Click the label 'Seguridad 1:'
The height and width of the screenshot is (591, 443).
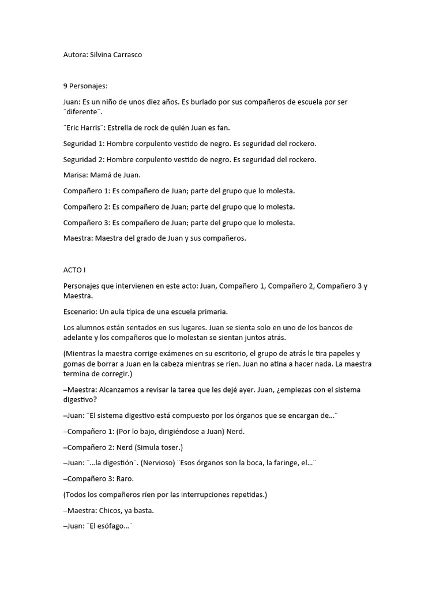click(x=83, y=143)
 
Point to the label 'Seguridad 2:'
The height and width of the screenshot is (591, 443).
click(x=83, y=159)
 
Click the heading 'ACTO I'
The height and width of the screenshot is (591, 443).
click(x=74, y=270)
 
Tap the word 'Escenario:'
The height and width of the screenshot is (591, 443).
click(x=80, y=312)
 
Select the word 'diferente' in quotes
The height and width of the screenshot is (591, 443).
click(x=82, y=111)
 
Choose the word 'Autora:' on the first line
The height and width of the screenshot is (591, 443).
click(x=75, y=54)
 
